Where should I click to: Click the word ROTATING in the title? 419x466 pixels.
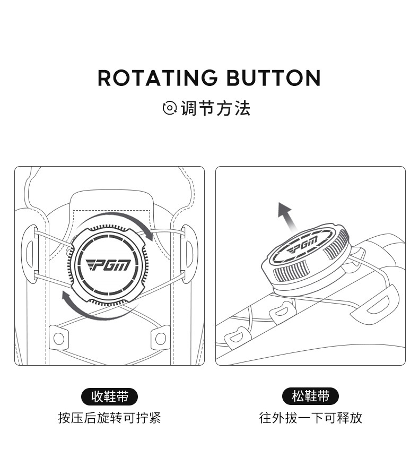(158, 78)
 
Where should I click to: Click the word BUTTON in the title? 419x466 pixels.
(274, 78)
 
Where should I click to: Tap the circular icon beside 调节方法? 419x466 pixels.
(169, 108)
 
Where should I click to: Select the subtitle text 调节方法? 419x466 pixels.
(215, 108)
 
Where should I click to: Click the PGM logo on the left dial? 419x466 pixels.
(109, 263)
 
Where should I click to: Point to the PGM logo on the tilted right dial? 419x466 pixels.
(303, 246)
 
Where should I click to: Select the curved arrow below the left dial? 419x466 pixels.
(88, 305)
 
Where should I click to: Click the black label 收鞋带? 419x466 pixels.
(109, 396)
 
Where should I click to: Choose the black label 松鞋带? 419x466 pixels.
(310, 396)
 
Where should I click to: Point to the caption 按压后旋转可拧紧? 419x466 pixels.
(109, 418)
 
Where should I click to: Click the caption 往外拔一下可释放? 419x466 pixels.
(310, 418)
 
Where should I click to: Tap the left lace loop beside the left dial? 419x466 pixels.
(30, 254)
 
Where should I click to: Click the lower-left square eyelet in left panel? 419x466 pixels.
(58, 338)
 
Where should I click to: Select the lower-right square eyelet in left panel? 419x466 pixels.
(160, 338)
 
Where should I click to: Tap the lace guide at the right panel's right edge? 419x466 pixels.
(382, 301)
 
